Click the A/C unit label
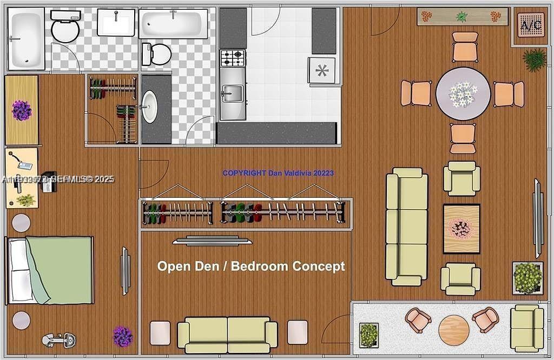tap(530, 24)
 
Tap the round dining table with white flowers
tap(463, 94)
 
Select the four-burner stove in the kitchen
tap(232, 57)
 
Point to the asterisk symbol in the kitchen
tap(322, 70)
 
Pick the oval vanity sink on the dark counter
tap(150, 106)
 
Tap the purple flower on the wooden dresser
tap(22, 110)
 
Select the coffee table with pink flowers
tap(461, 229)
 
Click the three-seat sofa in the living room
tap(407, 226)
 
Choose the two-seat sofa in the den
tap(227, 335)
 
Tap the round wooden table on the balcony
tap(453, 330)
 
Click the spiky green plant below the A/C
tap(535, 59)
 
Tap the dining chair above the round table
tap(465, 46)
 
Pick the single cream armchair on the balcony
tap(526, 328)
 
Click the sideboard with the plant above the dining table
tap(462, 16)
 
